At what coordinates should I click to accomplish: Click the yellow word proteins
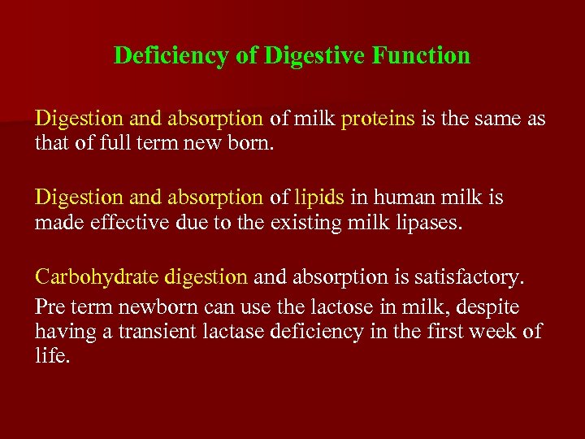click(x=378, y=120)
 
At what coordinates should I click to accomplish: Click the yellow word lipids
click(x=319, y=198)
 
